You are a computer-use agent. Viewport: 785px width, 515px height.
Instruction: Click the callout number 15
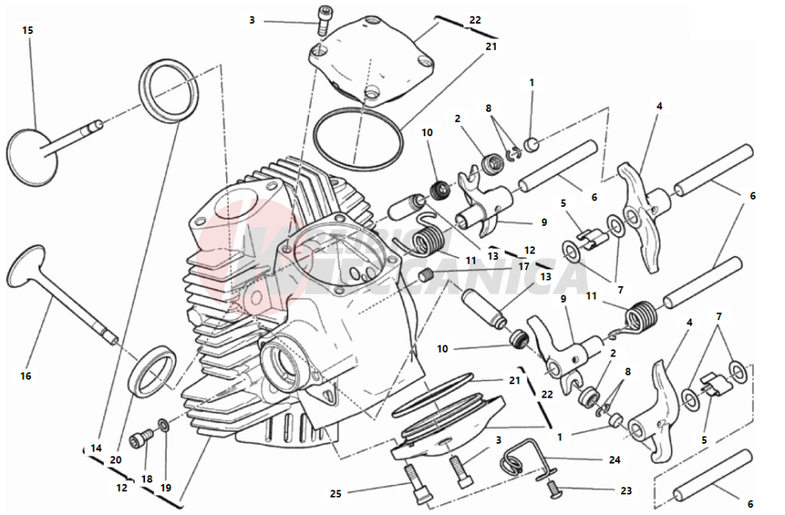[x=28, y=30]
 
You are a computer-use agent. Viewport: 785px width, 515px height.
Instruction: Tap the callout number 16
[x=26, y=376]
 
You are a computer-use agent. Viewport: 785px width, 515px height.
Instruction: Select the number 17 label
[x=524, y=266]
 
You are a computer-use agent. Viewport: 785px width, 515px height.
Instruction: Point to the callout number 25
[x=337, y=494]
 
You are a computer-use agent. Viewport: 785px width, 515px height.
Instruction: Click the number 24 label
[x=614, y=460]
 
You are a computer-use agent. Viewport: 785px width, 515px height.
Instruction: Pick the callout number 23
[x=626, y=490]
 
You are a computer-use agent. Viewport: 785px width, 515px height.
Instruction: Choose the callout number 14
[x=96, y=448]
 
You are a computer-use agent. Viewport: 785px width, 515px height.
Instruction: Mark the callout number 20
[x=116, y=460]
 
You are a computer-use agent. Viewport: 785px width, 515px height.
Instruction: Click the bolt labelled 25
[x=417, y=483]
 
